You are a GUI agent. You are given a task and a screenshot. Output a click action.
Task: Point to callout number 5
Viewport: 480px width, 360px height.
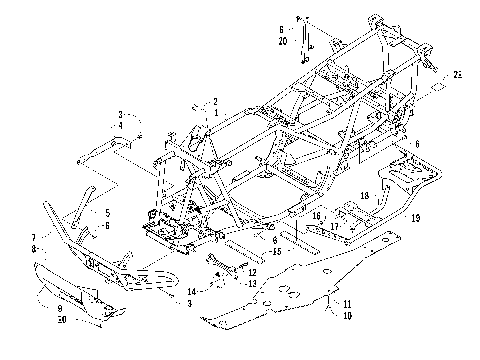click(107, 212)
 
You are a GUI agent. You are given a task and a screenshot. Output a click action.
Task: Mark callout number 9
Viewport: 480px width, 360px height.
click(62, 310)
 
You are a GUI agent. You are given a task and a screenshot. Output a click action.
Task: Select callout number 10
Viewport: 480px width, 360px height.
click(347, 314)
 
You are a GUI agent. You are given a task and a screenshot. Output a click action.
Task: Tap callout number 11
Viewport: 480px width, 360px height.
click(347, 302)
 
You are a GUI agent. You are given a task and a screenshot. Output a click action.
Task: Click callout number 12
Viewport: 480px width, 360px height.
click(253, 271)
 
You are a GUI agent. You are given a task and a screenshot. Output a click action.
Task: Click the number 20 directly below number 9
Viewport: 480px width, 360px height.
click(62, 321)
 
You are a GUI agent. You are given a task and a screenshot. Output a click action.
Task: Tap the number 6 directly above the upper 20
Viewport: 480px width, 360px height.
click(282, 29)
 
